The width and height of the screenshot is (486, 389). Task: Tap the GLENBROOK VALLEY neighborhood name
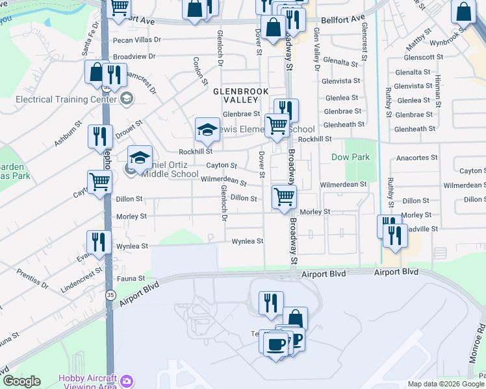pos(241,96)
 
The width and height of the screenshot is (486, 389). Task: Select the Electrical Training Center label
pos(61,99)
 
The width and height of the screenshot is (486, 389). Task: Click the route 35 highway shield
pos(110,295)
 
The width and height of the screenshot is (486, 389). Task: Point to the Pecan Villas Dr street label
pos(136,40)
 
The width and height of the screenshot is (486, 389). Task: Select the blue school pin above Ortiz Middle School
pos(140,158)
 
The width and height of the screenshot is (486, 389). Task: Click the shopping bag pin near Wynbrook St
pos(463,13)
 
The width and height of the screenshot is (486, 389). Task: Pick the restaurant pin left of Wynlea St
pos(98,242)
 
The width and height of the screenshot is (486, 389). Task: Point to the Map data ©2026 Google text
pos(446,384)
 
